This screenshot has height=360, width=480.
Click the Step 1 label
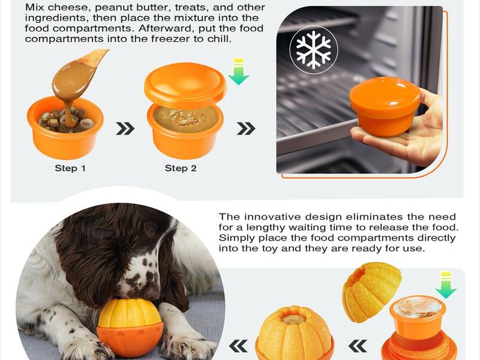(x=70, y=168)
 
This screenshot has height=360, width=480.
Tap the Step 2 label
(x=181, y=168)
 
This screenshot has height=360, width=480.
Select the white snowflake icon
(x=314, y=49)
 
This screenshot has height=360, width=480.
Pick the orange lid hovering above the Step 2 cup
(x=185, y=85)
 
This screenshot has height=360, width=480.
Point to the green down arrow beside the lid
(x=238, y=71)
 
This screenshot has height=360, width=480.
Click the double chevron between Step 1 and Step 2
(x=125, y=128)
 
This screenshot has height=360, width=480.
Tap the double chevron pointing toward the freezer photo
(x=246, y=128)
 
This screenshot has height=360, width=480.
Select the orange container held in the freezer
(x=385, y=106)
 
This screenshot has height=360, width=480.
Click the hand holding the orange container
(x=407, y=134)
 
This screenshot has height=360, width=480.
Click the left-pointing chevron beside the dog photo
(x=238, y=346)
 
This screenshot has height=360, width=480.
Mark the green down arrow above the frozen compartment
(x=446, y=285)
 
